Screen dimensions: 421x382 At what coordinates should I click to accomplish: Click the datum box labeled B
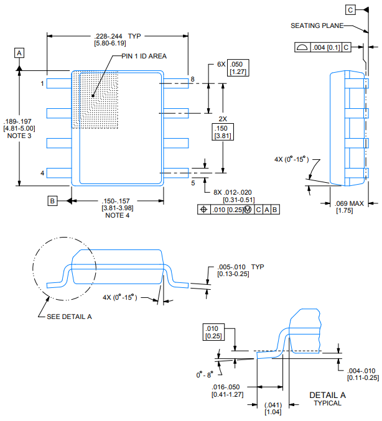(54, 200)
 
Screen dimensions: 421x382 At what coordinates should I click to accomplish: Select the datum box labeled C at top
(351, 10)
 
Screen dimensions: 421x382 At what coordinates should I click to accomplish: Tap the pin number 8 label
(192, 80)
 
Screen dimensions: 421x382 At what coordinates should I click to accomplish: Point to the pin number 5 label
(192, 183)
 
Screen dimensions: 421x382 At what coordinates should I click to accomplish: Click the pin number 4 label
(42, 173)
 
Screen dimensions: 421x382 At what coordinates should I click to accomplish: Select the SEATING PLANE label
(317, 25)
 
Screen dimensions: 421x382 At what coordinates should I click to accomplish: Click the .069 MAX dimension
(349, 204)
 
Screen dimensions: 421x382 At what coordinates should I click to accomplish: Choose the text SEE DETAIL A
(69, 317)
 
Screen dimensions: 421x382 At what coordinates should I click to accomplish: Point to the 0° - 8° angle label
(203, 374)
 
